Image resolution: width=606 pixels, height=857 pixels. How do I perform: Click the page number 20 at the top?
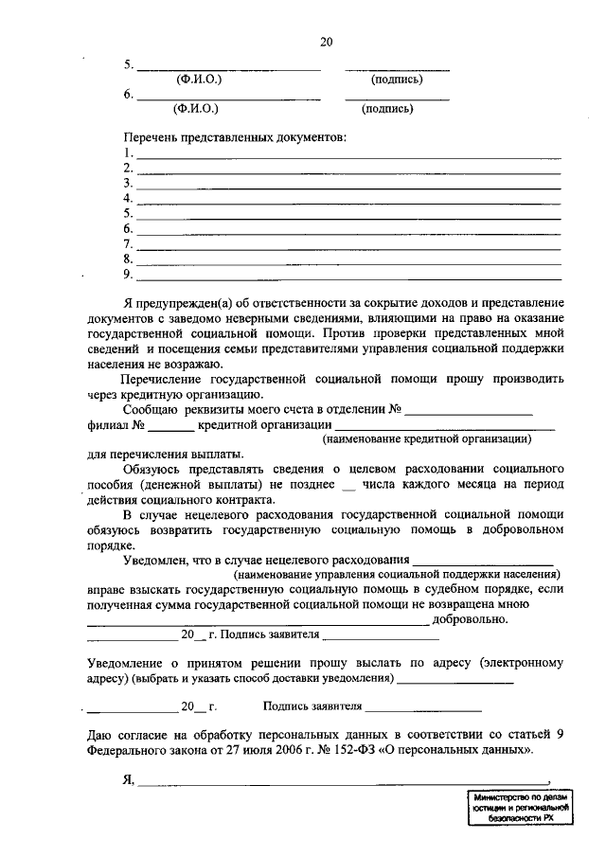pos(326,42)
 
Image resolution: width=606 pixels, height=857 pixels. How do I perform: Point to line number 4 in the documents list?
pos(127,199)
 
